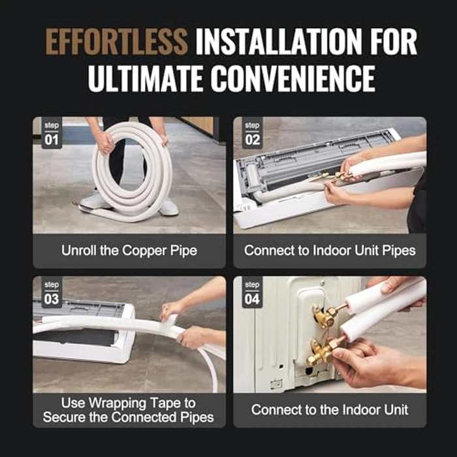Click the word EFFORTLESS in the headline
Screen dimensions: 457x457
[x=117, y=41]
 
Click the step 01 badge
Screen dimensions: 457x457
[x=52, y=133]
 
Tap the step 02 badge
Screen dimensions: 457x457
[x=251, y=133]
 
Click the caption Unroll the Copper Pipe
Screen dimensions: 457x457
[x=129, y=251]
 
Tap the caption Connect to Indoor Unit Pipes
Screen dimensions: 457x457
[x=329, y=251]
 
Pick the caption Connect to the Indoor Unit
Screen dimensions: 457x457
[x=329, y=410]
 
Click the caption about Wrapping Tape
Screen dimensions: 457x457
[x=129, y=410]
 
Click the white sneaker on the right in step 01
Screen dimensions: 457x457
[x=168, y=207]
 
